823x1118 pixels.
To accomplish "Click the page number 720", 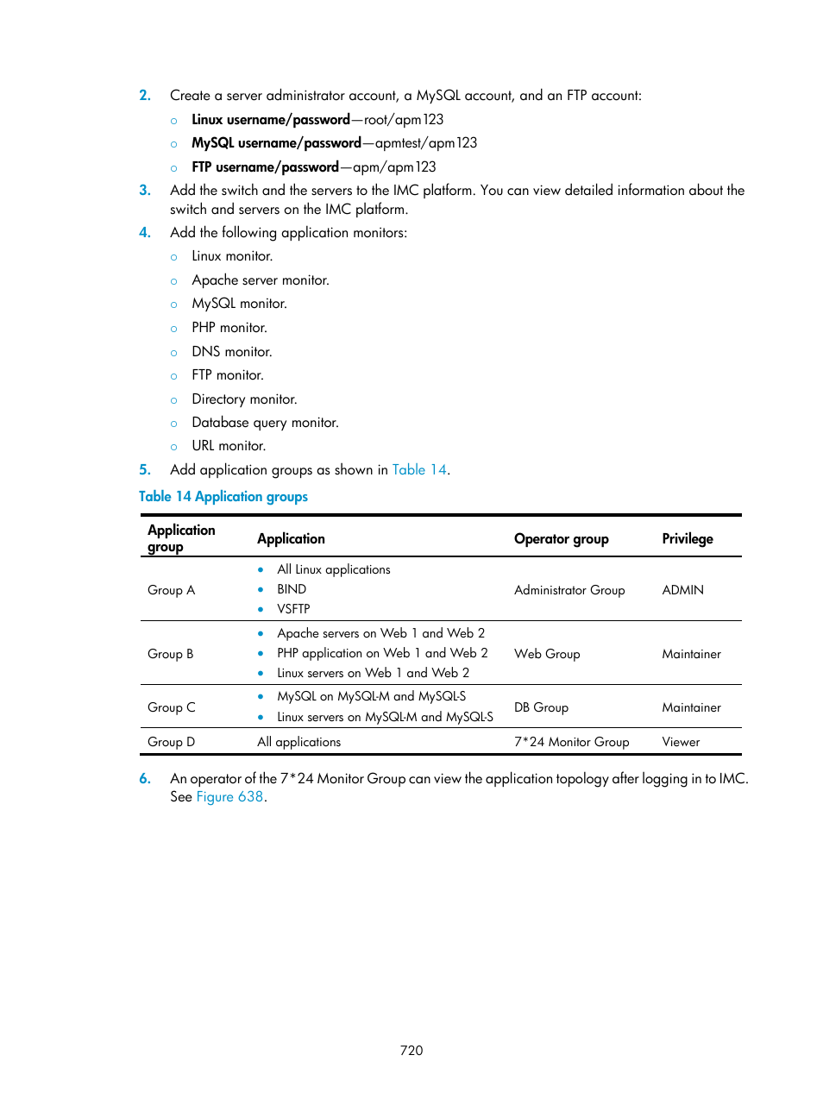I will coord(411,1050).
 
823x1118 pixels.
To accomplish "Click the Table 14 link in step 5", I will coord(419,469).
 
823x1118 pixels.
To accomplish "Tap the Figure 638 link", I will coord(229,796).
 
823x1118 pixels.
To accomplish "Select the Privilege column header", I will coord(687,538).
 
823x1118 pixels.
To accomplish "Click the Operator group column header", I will coord(561,538).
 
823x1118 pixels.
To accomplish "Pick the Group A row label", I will coord(171,590).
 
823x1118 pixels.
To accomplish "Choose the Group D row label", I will coord(171,742).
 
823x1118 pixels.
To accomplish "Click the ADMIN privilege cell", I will coord(682,590).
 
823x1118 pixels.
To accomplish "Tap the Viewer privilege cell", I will coord(681,742).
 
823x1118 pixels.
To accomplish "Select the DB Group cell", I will coord(541,707).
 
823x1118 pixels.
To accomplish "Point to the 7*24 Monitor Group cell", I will coord(571,742).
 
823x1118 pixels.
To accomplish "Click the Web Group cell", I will coord(547,654).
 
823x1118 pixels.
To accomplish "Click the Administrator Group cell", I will coord(569,590).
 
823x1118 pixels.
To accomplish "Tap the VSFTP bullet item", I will coord(293,609).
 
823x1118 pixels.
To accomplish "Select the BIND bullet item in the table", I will coord(292,589).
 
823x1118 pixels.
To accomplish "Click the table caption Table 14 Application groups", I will coord(223,496).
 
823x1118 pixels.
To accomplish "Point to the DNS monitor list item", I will coord(231,352).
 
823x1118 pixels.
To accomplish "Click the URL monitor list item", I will coord(229,446).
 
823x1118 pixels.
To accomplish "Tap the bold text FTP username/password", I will coord(265,166).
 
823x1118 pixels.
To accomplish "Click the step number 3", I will coord(145,191).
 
